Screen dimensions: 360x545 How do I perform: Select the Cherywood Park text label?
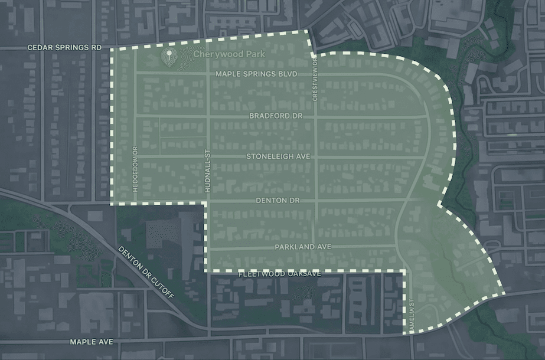click(230, 54)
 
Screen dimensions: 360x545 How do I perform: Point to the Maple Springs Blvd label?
click(255, 74)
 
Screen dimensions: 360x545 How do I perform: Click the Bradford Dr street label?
click(276, 116)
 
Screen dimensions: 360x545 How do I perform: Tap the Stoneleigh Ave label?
click(278, 157)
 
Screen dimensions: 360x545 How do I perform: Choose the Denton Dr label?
click(278, 201)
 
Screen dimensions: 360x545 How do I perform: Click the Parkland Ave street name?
click(303, 247)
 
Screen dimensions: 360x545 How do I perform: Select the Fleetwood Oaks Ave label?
click(279, 274)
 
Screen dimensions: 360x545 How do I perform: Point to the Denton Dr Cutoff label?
click(146, 272)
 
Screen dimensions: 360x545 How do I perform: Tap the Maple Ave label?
click(91, 342)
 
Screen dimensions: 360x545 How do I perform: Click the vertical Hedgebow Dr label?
click(135, 169)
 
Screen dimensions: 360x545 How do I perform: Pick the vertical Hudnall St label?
click(207, 170)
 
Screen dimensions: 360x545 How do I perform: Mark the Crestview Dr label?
click(315, 80)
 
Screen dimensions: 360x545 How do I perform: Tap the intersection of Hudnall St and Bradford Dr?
click(208, 117)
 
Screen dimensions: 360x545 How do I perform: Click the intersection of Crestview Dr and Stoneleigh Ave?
click(316, 158)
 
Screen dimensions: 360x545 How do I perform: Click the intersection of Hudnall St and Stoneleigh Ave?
click(208, 158)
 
